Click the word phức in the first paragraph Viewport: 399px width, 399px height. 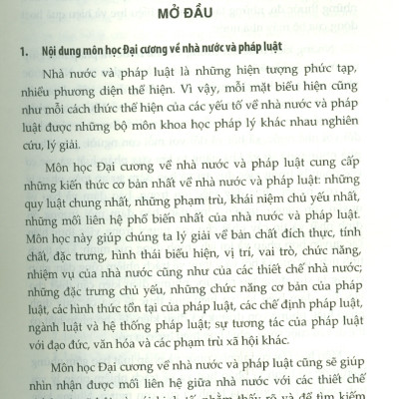[x=312, y=76]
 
